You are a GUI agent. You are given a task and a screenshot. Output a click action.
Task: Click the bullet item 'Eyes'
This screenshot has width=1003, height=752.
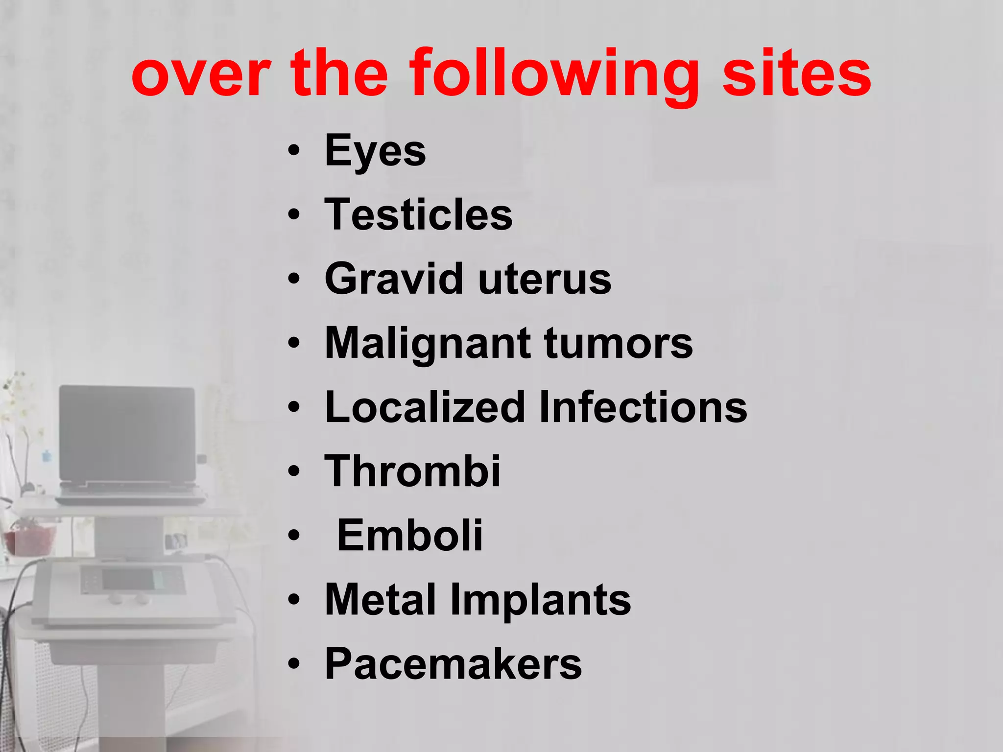(x=375, y=151)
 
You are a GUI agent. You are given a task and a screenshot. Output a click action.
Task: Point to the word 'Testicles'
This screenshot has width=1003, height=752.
(x=418, y=215)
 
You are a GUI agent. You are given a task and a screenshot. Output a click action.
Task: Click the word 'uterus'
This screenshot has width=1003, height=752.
(x=545, y=280)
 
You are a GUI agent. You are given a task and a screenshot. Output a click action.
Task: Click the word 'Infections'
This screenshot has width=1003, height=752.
(x=643, y=407)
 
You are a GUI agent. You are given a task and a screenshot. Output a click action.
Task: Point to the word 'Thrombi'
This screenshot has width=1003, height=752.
(x=412, y=471)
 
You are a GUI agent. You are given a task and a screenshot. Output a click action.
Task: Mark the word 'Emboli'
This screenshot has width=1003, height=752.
(x=410, y=535)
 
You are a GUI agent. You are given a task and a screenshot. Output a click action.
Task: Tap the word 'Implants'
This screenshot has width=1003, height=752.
(x=541, y=601)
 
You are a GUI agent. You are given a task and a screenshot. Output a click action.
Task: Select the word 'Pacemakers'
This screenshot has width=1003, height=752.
(x=453, y=664)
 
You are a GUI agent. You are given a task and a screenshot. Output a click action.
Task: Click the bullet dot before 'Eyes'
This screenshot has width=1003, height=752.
(x=293, y=151)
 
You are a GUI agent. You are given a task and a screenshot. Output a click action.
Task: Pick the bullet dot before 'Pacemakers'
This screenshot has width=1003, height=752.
(x=293, y=664)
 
